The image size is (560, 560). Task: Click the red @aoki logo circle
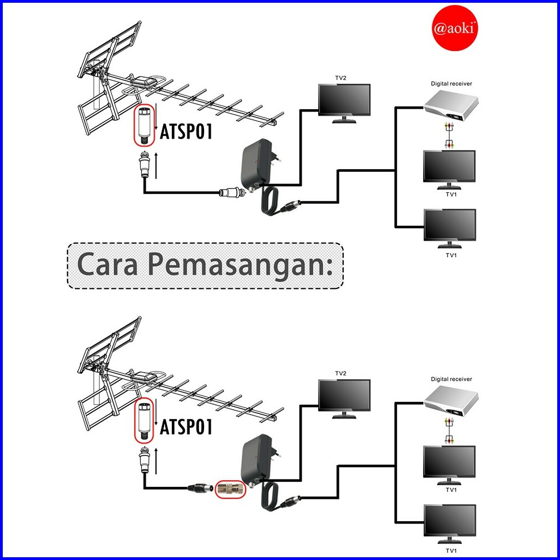pyautogui.click(x=455, y=28)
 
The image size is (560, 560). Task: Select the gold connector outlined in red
pyautogui.click(x=231, y=488)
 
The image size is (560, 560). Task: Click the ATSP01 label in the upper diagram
pyautogui.click(x=186, y=131)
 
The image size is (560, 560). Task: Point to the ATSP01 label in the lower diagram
pyautogui.click(x=186, y=426)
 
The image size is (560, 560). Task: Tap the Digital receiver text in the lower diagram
pyautogui.click(x=451, y=379)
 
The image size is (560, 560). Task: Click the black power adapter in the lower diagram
pyautogui.click(x=257, y=459)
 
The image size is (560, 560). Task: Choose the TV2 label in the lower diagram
pyautogui.click(x=341, y=373)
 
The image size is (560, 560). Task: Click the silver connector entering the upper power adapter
pyautogui.click(x=232, y=192)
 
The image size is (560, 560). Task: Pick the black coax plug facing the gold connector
pyautogui.click(x=201, y=487)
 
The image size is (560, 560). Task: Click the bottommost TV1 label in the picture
pyautogui.click(x=451, y=551)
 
